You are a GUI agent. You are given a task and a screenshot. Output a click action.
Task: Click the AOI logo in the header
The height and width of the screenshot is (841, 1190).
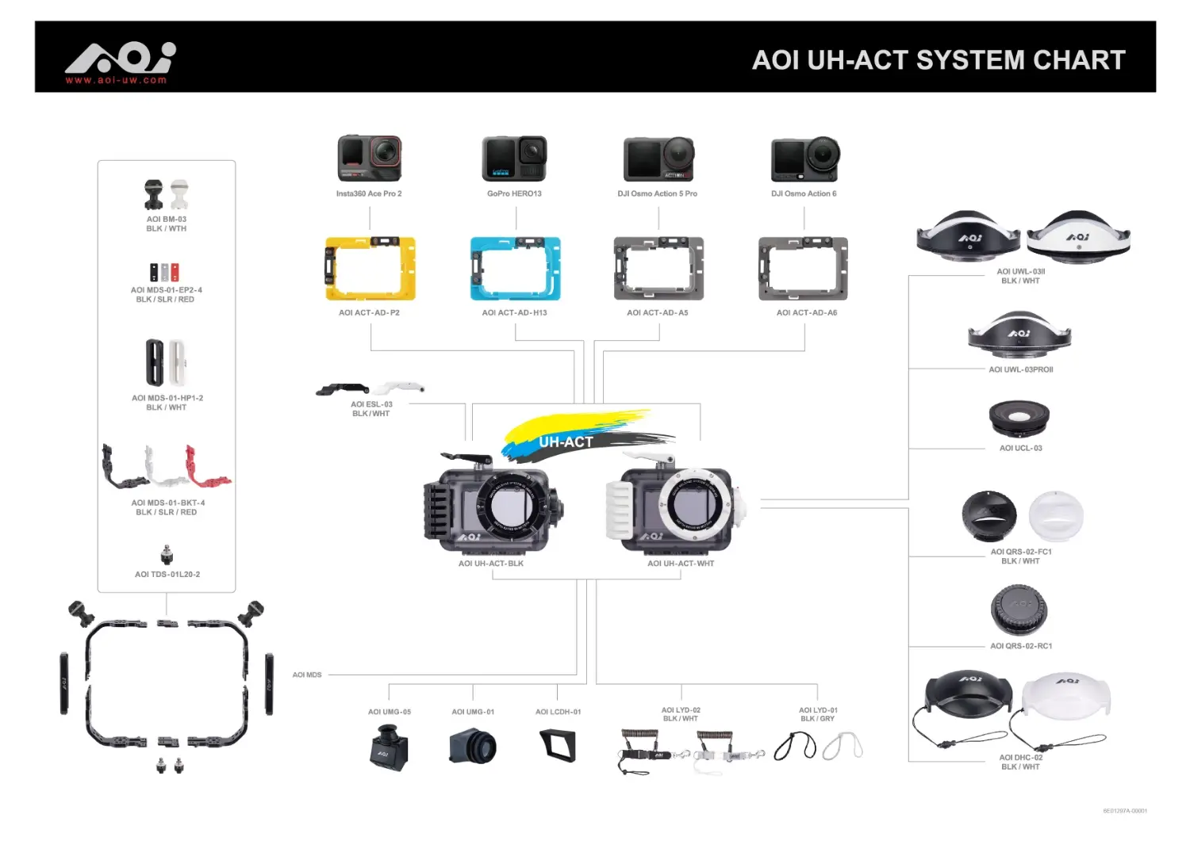(x=120, y=57)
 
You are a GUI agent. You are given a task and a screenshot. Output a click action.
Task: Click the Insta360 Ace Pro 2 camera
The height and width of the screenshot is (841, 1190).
(x=369, y=158)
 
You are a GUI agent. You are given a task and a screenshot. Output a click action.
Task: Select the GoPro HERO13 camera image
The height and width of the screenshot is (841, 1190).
(x=514, y=158)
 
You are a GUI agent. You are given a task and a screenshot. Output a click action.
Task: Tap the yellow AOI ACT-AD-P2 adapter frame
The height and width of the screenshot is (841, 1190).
(x=370, y=269)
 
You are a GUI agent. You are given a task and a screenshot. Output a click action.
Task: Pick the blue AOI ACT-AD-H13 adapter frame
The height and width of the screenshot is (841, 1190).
(x=515, y=269)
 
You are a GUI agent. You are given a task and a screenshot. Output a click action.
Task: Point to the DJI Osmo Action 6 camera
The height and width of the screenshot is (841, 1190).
(x=804, y=159)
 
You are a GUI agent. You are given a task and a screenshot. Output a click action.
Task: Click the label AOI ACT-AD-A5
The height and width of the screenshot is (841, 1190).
(x=657, y=313)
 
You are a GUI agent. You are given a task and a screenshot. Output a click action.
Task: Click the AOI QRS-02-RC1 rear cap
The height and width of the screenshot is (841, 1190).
(x=1019, y=610)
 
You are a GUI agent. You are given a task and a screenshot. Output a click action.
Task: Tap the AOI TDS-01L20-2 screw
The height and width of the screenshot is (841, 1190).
(x=167, y=554)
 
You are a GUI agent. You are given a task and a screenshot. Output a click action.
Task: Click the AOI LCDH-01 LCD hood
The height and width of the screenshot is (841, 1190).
(x=558, y=745)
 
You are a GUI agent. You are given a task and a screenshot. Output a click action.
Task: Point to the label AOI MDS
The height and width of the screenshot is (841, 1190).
(x=307, y=675)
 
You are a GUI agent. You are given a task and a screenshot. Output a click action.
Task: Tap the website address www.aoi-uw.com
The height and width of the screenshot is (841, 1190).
(x=116, y=80)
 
